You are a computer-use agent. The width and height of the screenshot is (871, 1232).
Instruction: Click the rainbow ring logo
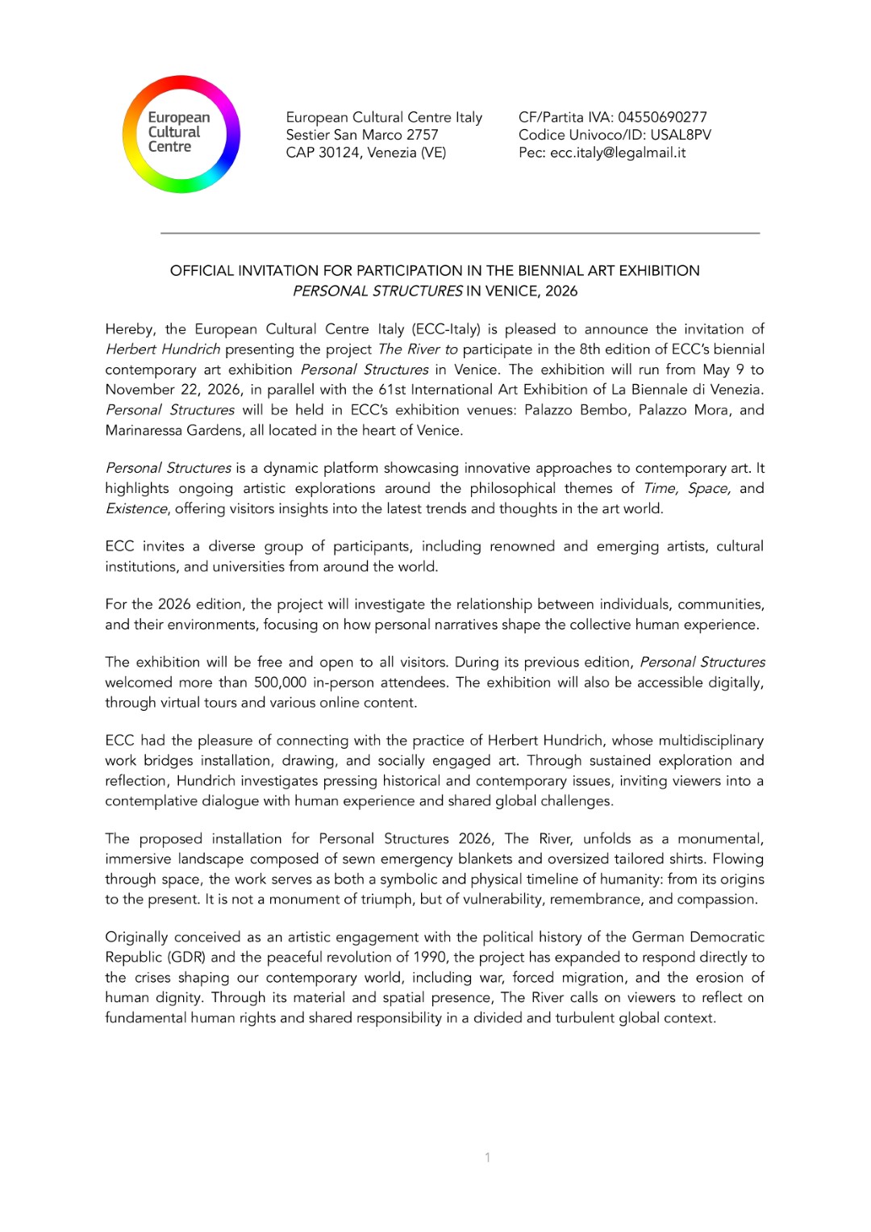(181, 134)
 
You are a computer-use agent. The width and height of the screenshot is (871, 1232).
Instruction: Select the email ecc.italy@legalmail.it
(618, 152)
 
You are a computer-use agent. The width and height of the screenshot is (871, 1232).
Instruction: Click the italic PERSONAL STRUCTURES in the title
(377, 290)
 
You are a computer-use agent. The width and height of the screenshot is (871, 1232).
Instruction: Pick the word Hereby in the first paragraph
(130, 329)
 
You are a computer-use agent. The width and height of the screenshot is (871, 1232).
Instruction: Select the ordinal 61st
(393, 390)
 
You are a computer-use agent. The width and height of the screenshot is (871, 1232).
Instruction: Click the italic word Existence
(136, 508)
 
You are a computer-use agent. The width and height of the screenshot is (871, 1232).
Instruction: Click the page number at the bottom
(487, 1157)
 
